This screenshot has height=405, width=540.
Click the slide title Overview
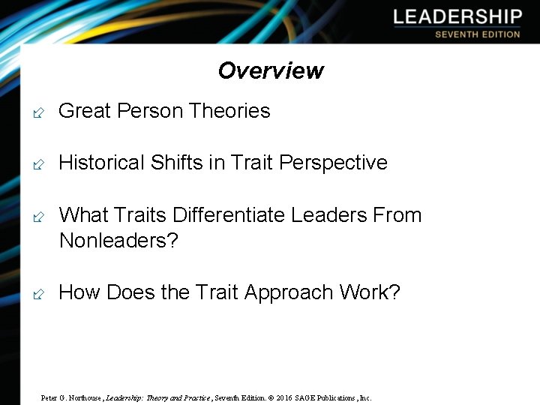pos(271,70)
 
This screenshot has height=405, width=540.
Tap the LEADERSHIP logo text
pos(457,16)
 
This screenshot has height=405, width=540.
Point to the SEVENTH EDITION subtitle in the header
pos(477,34)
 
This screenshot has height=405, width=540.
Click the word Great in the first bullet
pos(84,111)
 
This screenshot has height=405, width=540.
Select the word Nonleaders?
pos(118,241)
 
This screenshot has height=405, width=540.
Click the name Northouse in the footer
pos(85,397)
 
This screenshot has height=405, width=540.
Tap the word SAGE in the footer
pos(305,397)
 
